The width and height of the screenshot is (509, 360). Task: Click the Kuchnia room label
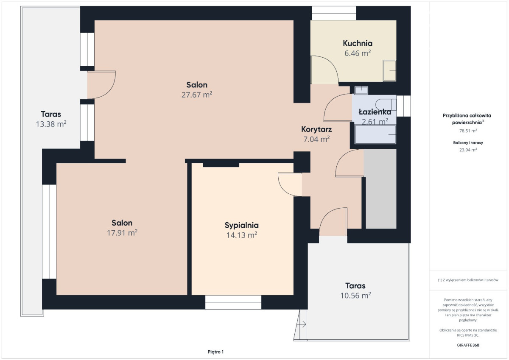[358, 43]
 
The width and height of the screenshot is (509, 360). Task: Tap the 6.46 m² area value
[358, 53]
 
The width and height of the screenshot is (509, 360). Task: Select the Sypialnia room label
[241, 225]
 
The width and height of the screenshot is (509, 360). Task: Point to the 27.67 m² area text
[197, 95]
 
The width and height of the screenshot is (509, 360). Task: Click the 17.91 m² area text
[122, 233]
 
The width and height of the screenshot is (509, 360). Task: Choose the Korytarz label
[316, 129]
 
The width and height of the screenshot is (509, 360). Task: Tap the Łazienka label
[375, 112]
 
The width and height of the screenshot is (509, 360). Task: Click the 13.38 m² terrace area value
[51, 124]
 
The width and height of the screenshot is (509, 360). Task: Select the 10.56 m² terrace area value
[355, 296]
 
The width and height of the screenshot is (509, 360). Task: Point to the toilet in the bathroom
[386, 105]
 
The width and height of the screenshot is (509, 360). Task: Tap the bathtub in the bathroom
[375, 134]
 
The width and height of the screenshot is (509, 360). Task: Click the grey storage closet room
[380, 189]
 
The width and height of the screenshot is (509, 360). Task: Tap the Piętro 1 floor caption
[215, 352]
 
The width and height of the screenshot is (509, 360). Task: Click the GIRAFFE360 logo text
[468, 345]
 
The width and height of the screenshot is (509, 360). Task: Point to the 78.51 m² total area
[468, 131]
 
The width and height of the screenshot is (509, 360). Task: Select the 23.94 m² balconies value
[468, 150]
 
